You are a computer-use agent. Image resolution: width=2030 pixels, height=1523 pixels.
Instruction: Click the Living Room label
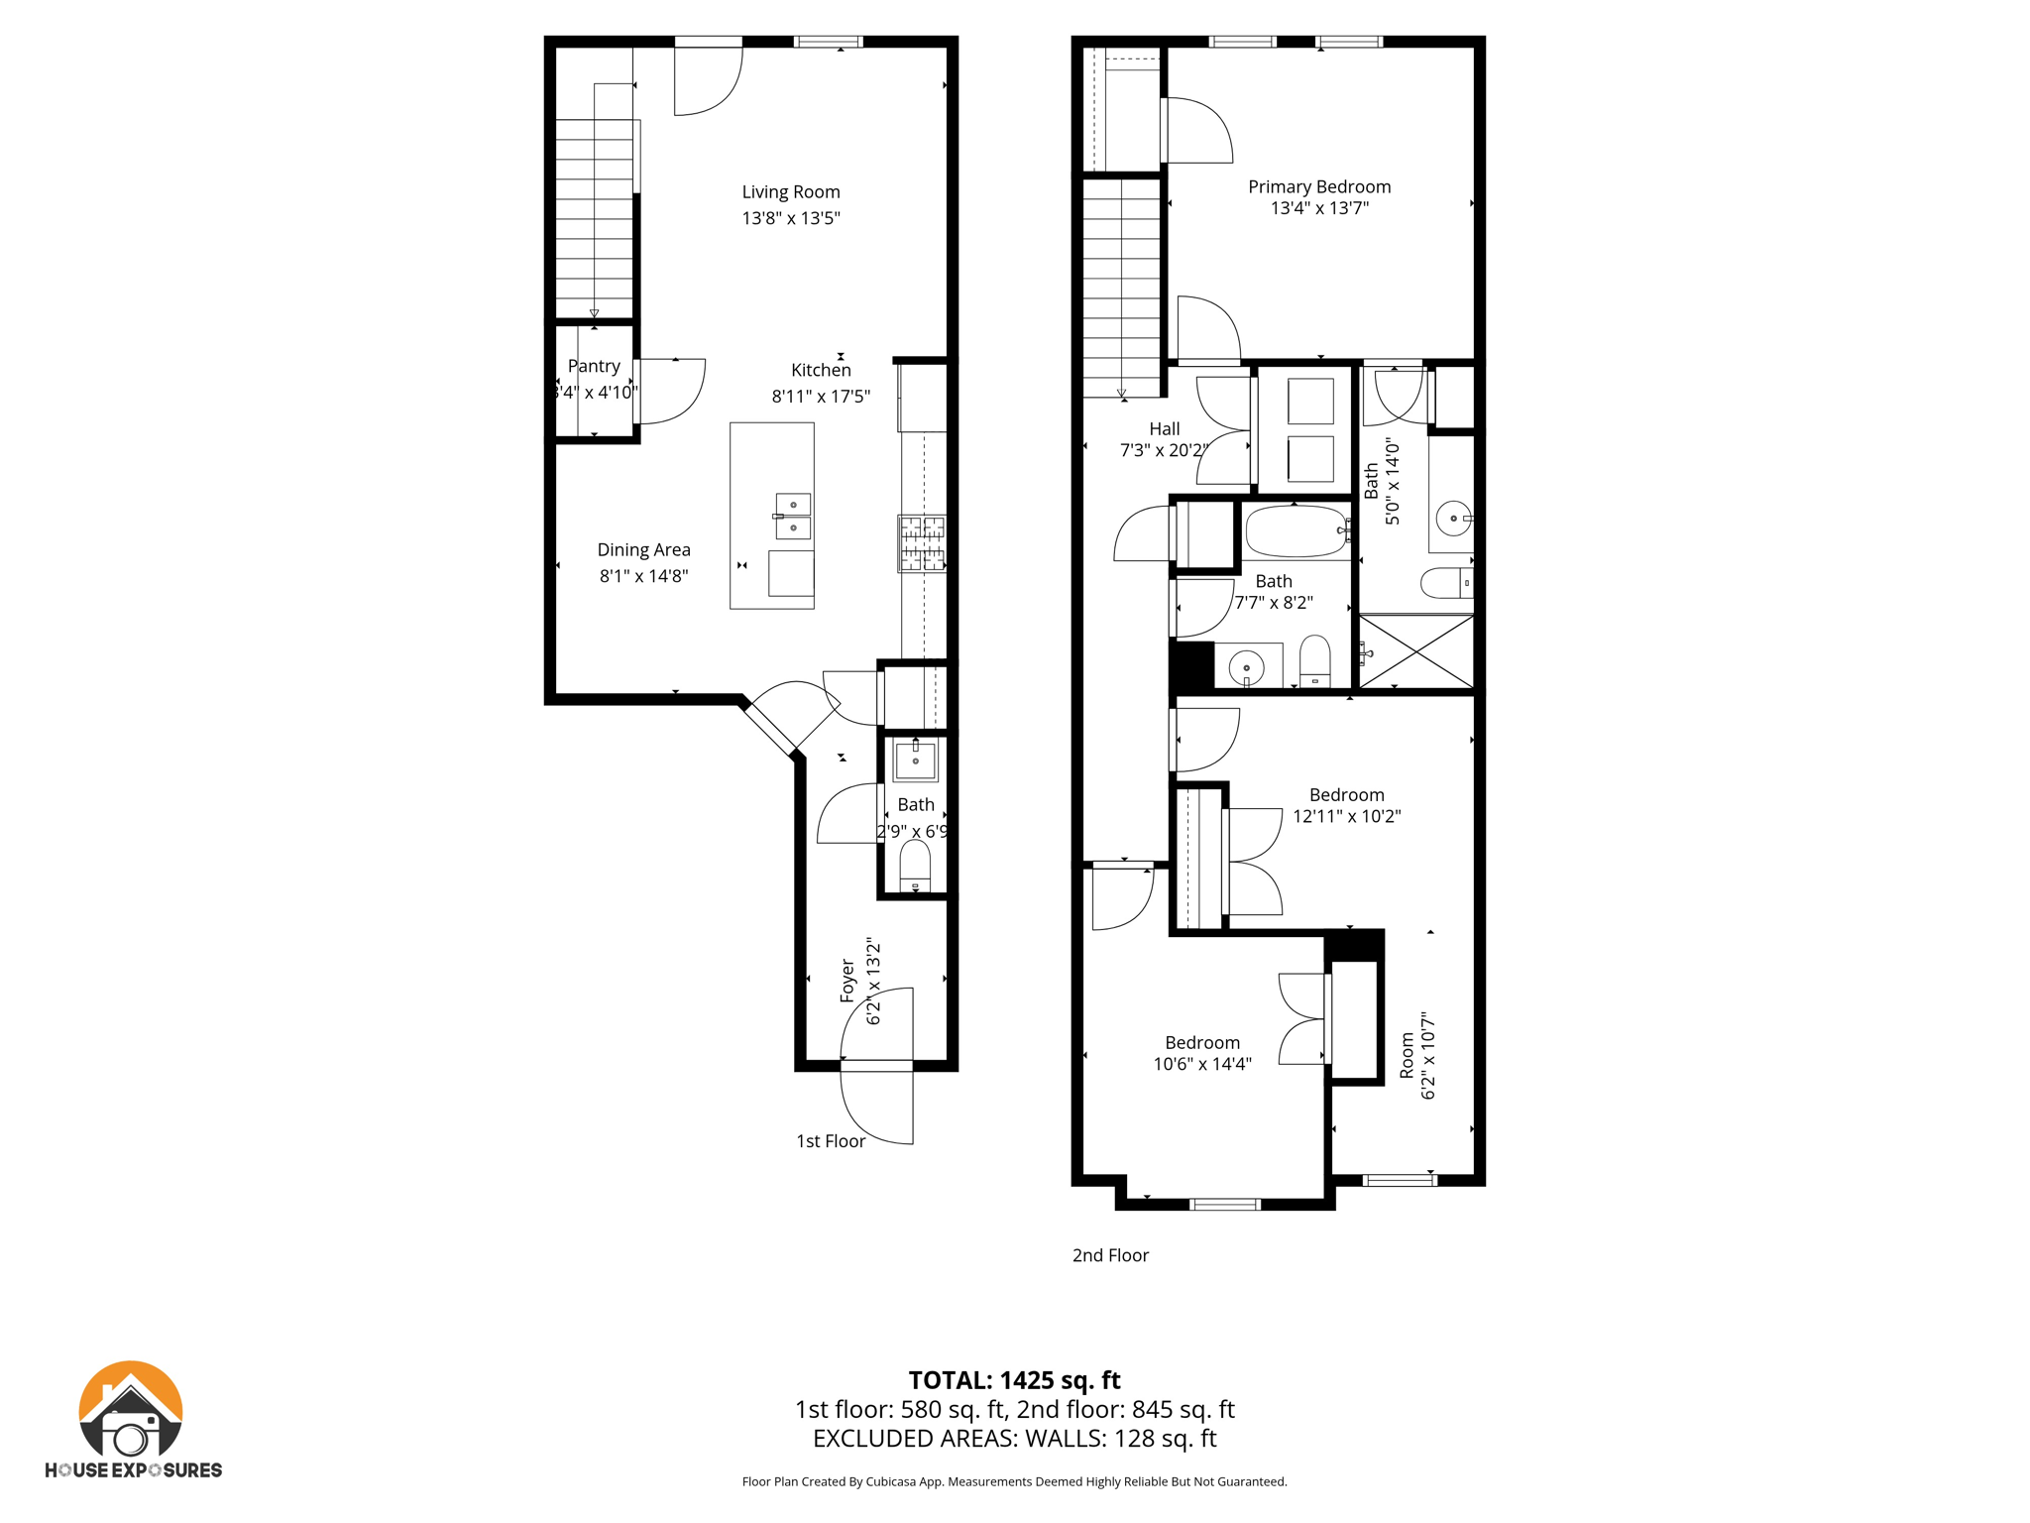pyautogui.click(x=791, y=192)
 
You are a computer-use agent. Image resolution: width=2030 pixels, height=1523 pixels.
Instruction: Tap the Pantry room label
pyautogui.click(x=594, y=366)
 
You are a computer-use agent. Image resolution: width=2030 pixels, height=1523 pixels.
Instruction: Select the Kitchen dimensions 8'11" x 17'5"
pyautogui.click(x=821, y=397)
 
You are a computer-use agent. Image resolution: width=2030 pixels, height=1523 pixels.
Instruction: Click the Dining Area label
pyautogui.click(x=643, y=550)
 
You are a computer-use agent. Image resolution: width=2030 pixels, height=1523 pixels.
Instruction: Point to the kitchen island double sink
pyautogui.click(x=793, y=517)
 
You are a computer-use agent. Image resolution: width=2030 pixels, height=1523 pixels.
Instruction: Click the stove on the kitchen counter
pyautogui.click(x=922, y=543)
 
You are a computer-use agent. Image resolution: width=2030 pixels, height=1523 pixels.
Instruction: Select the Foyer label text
pyautogui.click(x=848, y=981)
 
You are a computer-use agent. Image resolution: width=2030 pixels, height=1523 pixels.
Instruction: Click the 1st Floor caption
pyautogui.click(x=831, y=1141)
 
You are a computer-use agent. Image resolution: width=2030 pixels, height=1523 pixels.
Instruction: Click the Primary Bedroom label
pyautogui.click(x=1319, y=186)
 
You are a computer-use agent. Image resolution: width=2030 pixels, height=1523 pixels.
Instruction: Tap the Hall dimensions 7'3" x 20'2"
pyautogui.click(x=1164, y=450)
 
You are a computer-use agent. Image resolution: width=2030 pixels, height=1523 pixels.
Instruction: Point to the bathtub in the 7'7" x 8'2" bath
pyautogui.click(x=1296, y=532)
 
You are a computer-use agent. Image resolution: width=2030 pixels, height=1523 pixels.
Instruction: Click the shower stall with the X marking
pyautogui.click(x=1415, y=651)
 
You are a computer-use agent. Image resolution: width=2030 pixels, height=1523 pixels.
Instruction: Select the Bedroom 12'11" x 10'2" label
pyautogui.click(x=1346, y=805)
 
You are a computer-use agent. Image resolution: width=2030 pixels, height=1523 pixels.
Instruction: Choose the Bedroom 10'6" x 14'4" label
pyautogui.click(x=1201, y=1053)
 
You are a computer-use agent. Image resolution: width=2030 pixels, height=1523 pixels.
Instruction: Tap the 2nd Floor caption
pyautogui.click(x=1110, y=1255)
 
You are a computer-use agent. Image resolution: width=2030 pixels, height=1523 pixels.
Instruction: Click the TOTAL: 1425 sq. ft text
pyautogui.click(x=1014, y=1380)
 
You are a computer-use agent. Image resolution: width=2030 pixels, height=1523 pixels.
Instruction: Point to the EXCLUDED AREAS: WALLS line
pyautogui.click(x=1014, y=1439)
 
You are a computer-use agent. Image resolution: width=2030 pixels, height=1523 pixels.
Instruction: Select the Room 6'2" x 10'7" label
pyautogui.click(x=1416, y=1056)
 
